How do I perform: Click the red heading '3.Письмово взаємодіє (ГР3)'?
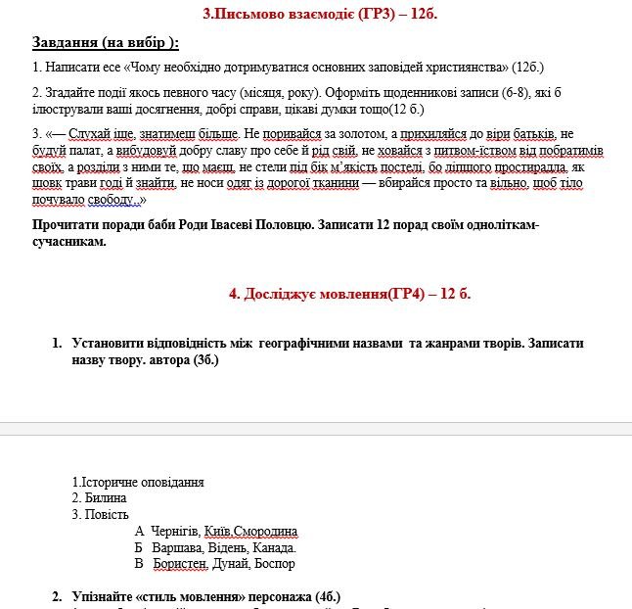[x=304, y=15]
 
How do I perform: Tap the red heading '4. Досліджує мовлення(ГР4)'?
[x=315, y=294]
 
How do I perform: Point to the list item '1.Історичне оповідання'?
[x=138, y=482]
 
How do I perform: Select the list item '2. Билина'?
[x=100, y=498]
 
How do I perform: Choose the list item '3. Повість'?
[x=101, y=514]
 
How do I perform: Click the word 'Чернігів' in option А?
[x=175, y=532]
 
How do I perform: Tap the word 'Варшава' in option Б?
[x=175, y=547]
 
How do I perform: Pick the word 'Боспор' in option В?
[x=275, y=564]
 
